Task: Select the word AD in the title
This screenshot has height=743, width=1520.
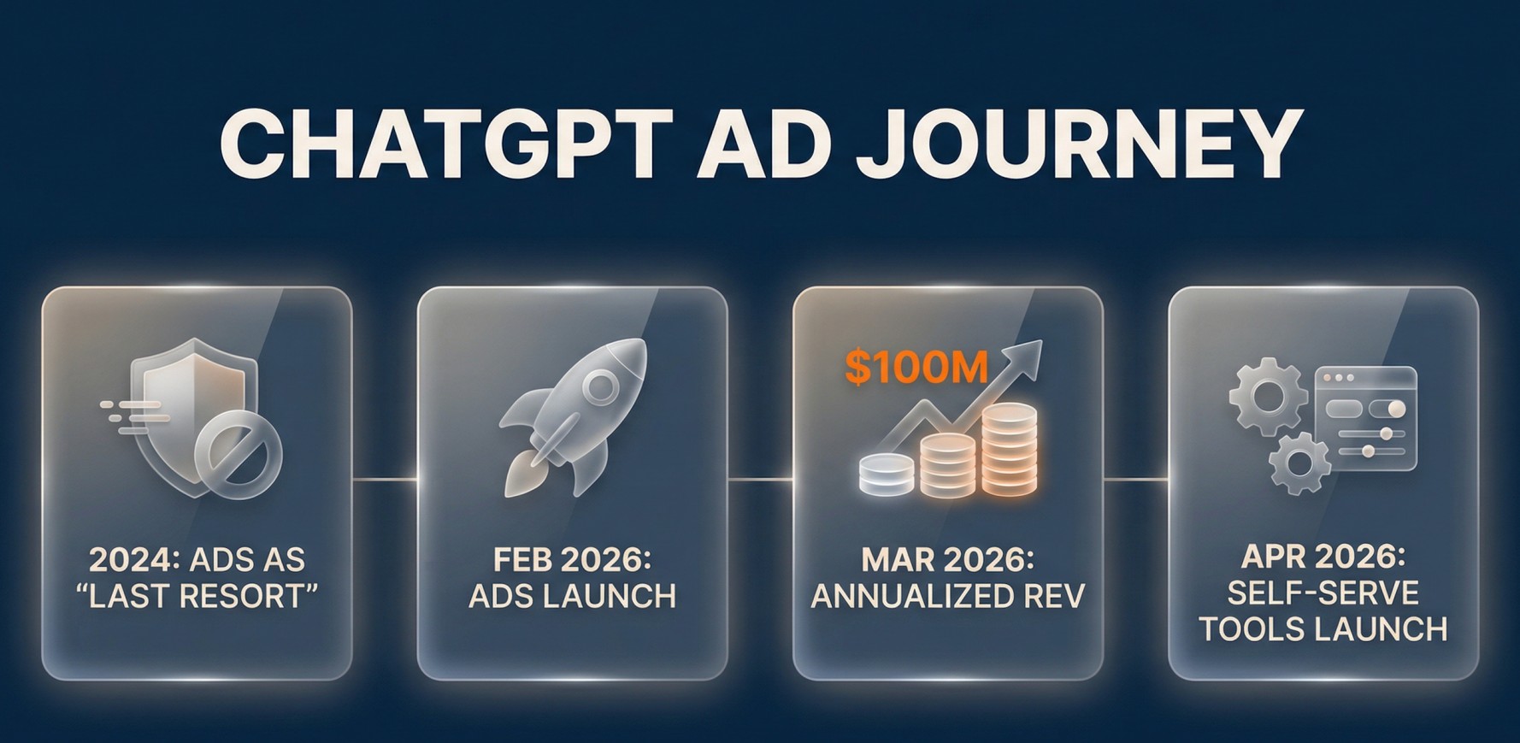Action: click(763, 143)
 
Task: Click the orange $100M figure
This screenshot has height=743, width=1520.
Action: click(916, 366)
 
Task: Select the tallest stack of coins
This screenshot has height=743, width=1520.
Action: click(1009, 449)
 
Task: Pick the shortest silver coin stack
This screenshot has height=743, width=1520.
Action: click(887, 474)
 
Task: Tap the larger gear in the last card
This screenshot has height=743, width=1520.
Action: click(1268, 398)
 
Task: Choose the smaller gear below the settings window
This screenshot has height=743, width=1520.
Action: click(1299, 463)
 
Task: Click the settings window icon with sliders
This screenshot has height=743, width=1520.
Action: click(1364, 418)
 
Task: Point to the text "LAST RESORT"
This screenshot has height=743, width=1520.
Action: click(197, 596)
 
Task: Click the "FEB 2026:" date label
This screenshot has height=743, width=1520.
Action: click(572, 560)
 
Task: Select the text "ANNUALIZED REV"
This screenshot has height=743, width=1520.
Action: click(947, 596)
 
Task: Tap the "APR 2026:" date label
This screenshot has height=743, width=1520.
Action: click(1323, 557)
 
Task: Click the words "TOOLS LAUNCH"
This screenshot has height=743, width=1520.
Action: click(1323, 629)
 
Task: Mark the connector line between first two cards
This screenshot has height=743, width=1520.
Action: click(385, 480)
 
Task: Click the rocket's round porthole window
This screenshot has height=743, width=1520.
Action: click(601, 386)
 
